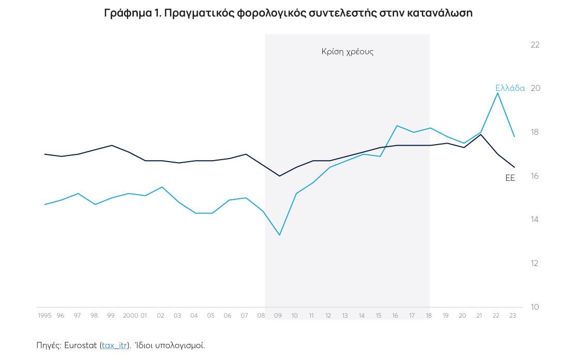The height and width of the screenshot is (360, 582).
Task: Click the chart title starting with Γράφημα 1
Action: tap(288, 13)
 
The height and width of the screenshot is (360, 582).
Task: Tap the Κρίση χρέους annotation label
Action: tap(347, 52)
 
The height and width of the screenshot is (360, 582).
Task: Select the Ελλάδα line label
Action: tap(510, 88)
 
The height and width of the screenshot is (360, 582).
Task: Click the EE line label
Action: tap(510, 178)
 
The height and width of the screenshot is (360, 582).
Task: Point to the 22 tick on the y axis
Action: tap(535, 45)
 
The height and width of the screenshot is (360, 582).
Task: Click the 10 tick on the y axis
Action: tap(535, 307)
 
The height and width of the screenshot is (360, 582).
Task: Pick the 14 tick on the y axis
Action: tap(535, 220)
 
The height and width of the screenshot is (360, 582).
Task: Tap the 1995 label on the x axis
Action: tap(45, 316)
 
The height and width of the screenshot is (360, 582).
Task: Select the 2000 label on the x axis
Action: tap(130, 316)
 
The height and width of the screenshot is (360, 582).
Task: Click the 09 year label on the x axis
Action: tap(278, 316)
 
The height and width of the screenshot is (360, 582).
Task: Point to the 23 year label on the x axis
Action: tap(512, 316)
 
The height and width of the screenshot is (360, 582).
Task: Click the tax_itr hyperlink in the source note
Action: tap(114, 345)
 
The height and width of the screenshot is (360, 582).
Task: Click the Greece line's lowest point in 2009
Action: tap(279, 235)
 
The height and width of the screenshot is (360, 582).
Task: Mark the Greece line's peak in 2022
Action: tap(498, 93)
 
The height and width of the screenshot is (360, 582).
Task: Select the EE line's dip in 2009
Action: tap(279, 176)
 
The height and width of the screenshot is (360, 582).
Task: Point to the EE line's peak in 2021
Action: tap(481, 134)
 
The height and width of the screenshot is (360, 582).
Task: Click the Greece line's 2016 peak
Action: tap(397, 126)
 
